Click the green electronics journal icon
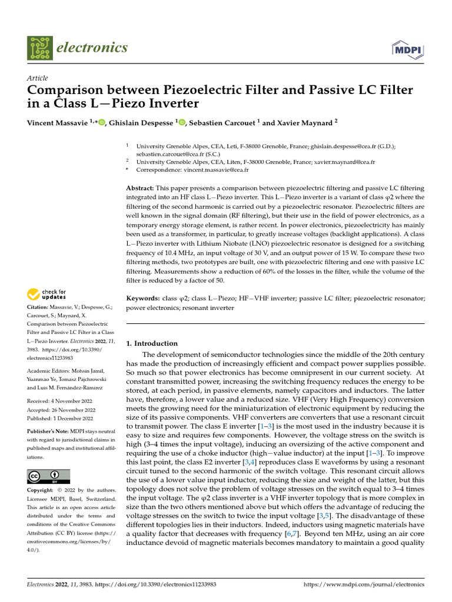[39, 48]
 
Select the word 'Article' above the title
[38, 78]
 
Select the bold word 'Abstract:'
[141, 188]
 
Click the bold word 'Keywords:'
[143, 299]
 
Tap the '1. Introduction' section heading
[152, 343]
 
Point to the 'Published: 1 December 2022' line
[60, 419]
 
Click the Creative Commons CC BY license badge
[48, 476]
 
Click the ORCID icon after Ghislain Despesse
[181, 122]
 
